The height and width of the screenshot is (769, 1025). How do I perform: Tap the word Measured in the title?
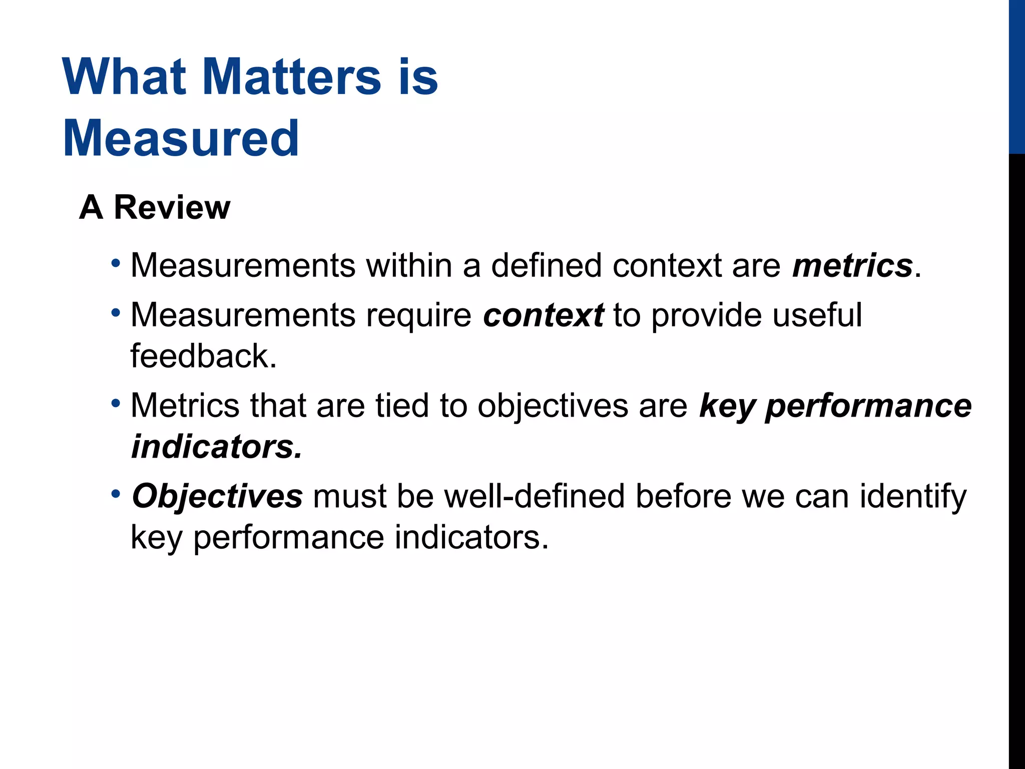(x=181, y=138)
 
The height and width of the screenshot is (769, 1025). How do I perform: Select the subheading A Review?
(x=155, y=207)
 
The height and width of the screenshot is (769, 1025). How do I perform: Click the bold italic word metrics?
(x=852, y=265)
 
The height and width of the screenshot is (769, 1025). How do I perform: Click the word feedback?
(x=203, y=356)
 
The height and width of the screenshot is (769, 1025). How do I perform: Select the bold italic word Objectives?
(x=217, y=496)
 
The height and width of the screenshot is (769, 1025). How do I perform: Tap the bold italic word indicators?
(x=217, y=447)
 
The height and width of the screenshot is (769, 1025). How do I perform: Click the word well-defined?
(x=535, y=496)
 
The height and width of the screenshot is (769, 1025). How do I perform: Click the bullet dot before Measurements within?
(x=116, y=263)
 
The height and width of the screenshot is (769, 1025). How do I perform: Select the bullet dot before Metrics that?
(x=116, y=403)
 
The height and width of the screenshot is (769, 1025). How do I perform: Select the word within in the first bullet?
(x=409, y=265)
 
